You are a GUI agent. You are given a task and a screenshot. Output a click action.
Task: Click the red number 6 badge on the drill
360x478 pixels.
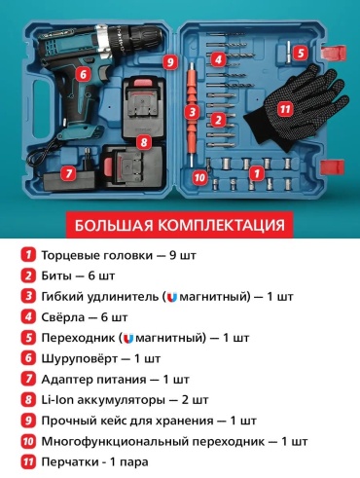pos(84,74)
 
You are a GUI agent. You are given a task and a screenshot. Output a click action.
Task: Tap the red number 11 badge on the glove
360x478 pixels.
pos(285,109)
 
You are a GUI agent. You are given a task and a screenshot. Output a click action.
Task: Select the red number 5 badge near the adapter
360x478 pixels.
pos(302,53)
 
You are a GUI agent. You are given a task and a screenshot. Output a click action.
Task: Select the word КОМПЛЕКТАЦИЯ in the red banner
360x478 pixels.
pos(221,225)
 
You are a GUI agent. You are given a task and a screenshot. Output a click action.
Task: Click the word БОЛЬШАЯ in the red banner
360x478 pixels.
pos(114,225)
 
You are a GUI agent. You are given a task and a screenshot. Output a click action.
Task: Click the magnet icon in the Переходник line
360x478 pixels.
pos(128,339)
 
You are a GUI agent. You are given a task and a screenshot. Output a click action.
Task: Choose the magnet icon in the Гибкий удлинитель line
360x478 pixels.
pos(172,297)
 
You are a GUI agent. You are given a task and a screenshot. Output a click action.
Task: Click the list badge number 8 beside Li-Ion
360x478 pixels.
pos(28,399)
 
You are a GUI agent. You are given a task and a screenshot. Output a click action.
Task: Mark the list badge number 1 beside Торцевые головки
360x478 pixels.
pos(28,255)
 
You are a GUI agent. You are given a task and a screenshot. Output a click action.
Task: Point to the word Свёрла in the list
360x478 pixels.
pos(63,317)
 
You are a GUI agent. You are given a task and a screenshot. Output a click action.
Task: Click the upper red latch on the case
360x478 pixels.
pos(334,54)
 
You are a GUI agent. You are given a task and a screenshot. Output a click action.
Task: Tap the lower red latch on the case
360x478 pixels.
pos(332,167)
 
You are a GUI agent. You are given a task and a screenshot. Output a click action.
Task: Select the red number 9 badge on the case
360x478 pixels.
pos(170,62)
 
